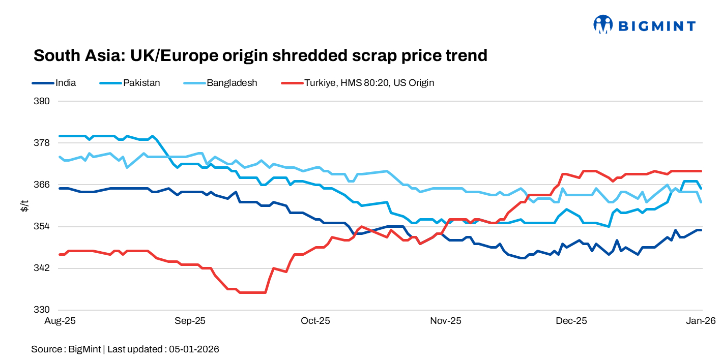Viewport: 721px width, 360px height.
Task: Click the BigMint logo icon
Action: [x=603, y=24]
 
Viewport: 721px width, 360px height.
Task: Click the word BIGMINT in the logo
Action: [x=656, y=25]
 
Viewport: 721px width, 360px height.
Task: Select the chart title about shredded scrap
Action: [x=260, y=55]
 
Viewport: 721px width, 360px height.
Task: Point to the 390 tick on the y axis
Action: [x=43, y=101]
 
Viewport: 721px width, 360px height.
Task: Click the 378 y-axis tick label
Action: [x=43, y=143]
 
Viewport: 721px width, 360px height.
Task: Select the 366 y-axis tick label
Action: [x=43, y=185]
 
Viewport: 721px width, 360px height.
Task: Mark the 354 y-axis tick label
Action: [x=43, y=226]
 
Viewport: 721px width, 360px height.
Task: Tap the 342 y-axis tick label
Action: [x=43, y=268]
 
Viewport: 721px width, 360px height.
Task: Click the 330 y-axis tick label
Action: [x=43, y=310]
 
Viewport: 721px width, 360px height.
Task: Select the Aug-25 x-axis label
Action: [x=60, y=321]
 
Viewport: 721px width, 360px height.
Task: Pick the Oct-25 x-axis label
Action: [x=315, y=321]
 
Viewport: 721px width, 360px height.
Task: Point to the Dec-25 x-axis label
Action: [x=571, y=321]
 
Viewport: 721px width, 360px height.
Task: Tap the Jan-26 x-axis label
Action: [x=702, y=321]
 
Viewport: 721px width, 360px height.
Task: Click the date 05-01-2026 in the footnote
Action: [x=194, y=349]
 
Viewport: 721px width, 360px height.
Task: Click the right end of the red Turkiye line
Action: [x=702, y=171]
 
